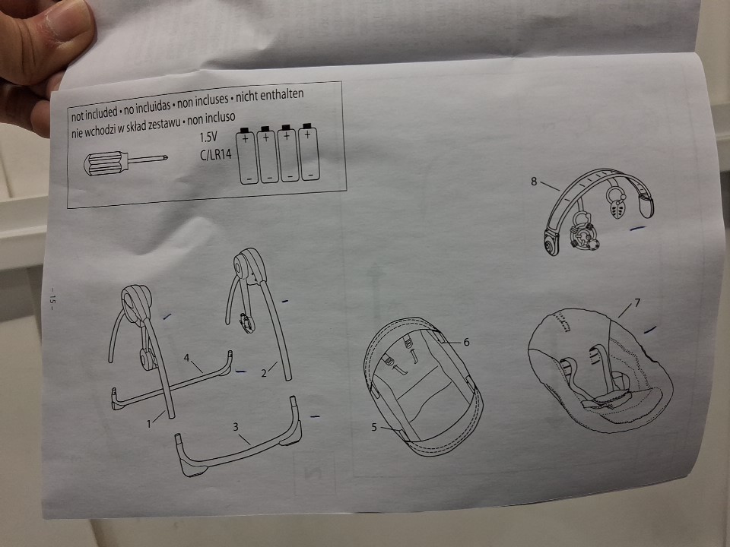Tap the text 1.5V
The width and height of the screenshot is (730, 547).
pyautogui.click(x=208, y=137)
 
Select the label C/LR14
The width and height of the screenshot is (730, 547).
pyautogui.click(x=215, y=154)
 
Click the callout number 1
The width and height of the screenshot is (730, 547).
pyautogui.click(x=149, y=424)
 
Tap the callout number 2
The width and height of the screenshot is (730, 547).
pyautogui.click(x=264, y=373)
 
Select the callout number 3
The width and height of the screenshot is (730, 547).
pyautogui.click(x=236, y=426)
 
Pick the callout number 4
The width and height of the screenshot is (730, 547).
pyautogui.click(x=187, y=358)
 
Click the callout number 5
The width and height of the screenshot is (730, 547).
pyautogui.click(x=374, y=426)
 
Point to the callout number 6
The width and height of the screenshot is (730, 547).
pyautogui.click(x=466, y=342)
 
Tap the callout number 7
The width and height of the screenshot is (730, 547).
pyautogui.click(x=637, y=303)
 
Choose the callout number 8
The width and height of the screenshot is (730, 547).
pyautogui.click(x=534, y=181)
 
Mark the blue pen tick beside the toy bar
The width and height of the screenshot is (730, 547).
pyautogui.click(x=637, y=229)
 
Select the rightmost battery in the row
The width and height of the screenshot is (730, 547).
pyautogui.click(x=309, y=152)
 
